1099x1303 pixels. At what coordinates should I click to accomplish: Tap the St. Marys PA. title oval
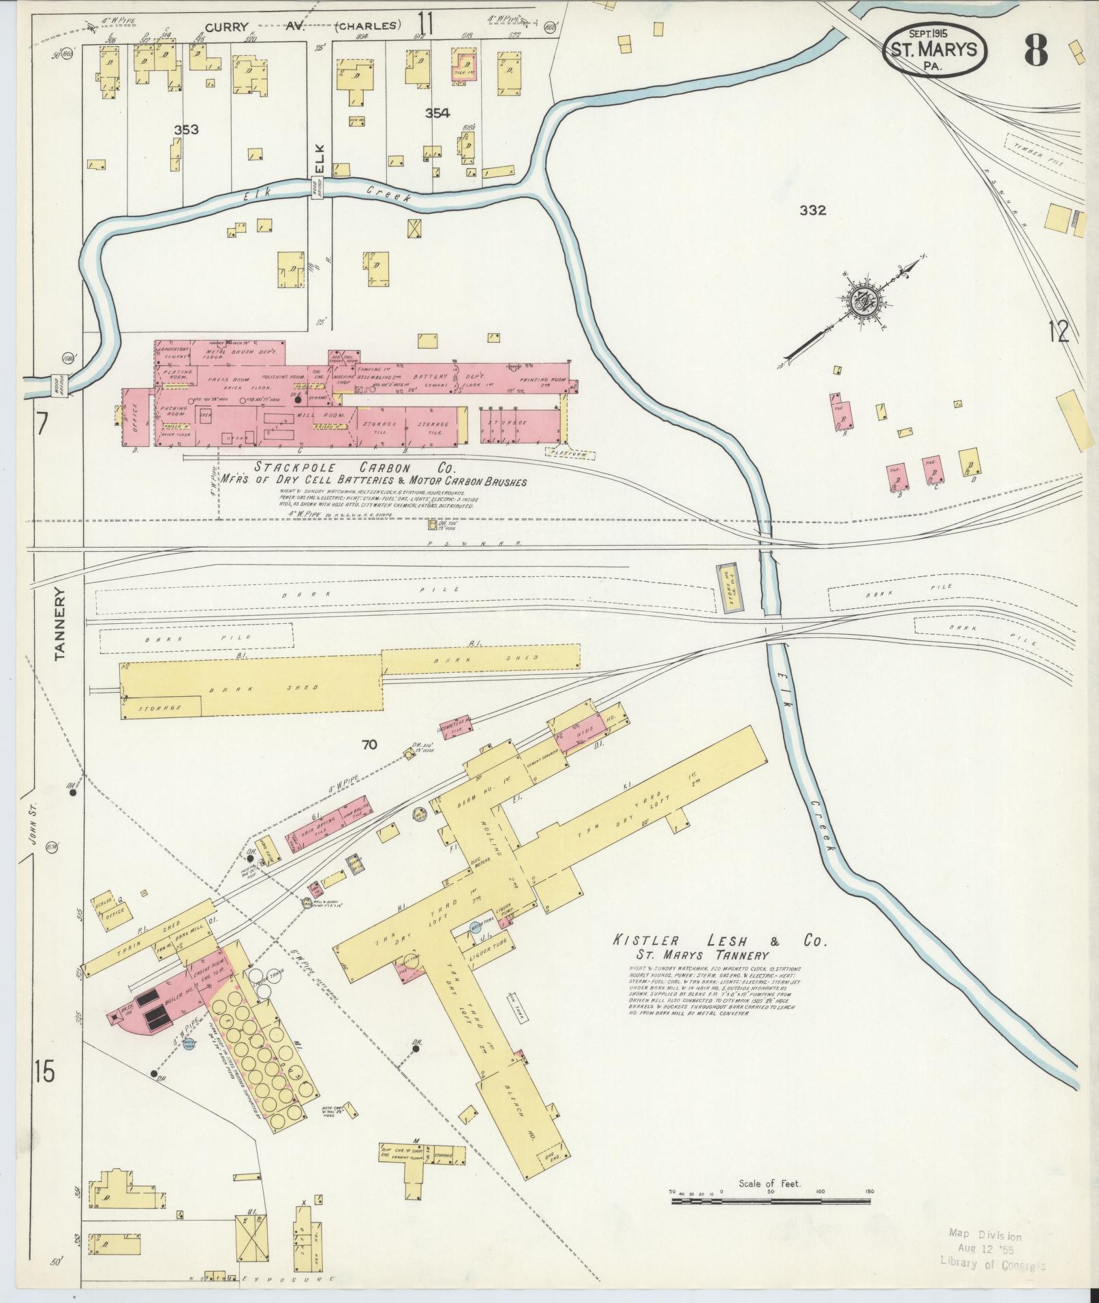pyautogui.click(x=934, y=49)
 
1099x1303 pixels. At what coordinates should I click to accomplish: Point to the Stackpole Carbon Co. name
pyautogui.click(x=354, y=468)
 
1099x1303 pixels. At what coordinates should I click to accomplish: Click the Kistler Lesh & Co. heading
pyautogui.click(x=719, y=942)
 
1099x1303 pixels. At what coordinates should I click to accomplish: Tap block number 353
pyautogui.click(x=186, y=130)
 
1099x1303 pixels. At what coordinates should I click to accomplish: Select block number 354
pyautogui.click(x=437, y=113)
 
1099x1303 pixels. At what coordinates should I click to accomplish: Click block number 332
pyautogui.click(x=813, y=210)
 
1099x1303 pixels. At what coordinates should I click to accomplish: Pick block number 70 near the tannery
pyautogui.click(x=369, y=745)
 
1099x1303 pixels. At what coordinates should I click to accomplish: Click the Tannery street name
pyautogui.click(x=60, y=623)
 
